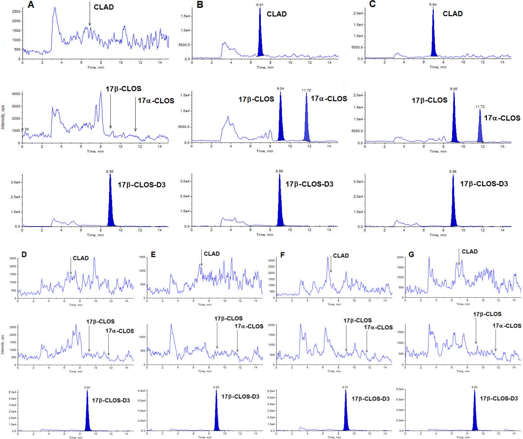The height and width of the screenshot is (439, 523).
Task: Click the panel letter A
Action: coord(31,5)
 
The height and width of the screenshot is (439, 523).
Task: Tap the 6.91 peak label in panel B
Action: coord(260,5)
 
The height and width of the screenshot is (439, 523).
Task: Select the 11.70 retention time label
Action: coord(306,90)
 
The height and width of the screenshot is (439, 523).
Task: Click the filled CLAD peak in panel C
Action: coord(433,40)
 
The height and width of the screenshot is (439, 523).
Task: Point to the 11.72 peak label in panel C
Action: coord(480,107)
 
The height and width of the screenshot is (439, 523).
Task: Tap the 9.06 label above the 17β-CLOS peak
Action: coord(454,89)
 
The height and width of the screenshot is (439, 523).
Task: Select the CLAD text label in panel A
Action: coord(104,7)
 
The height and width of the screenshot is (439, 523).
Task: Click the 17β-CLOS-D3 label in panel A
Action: coord(142,185)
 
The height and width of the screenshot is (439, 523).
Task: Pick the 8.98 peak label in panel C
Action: coord(453,172)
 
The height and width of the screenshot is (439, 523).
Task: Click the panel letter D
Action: coord(24,254)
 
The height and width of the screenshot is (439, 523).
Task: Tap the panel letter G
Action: coord(411,255)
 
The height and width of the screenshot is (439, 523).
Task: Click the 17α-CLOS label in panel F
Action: coord(378,327)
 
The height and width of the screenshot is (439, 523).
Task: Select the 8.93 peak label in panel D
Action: coord(87,387)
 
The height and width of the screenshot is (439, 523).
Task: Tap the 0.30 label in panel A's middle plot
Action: coord(25,129)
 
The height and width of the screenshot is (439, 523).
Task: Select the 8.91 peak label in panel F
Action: coord(345,387)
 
